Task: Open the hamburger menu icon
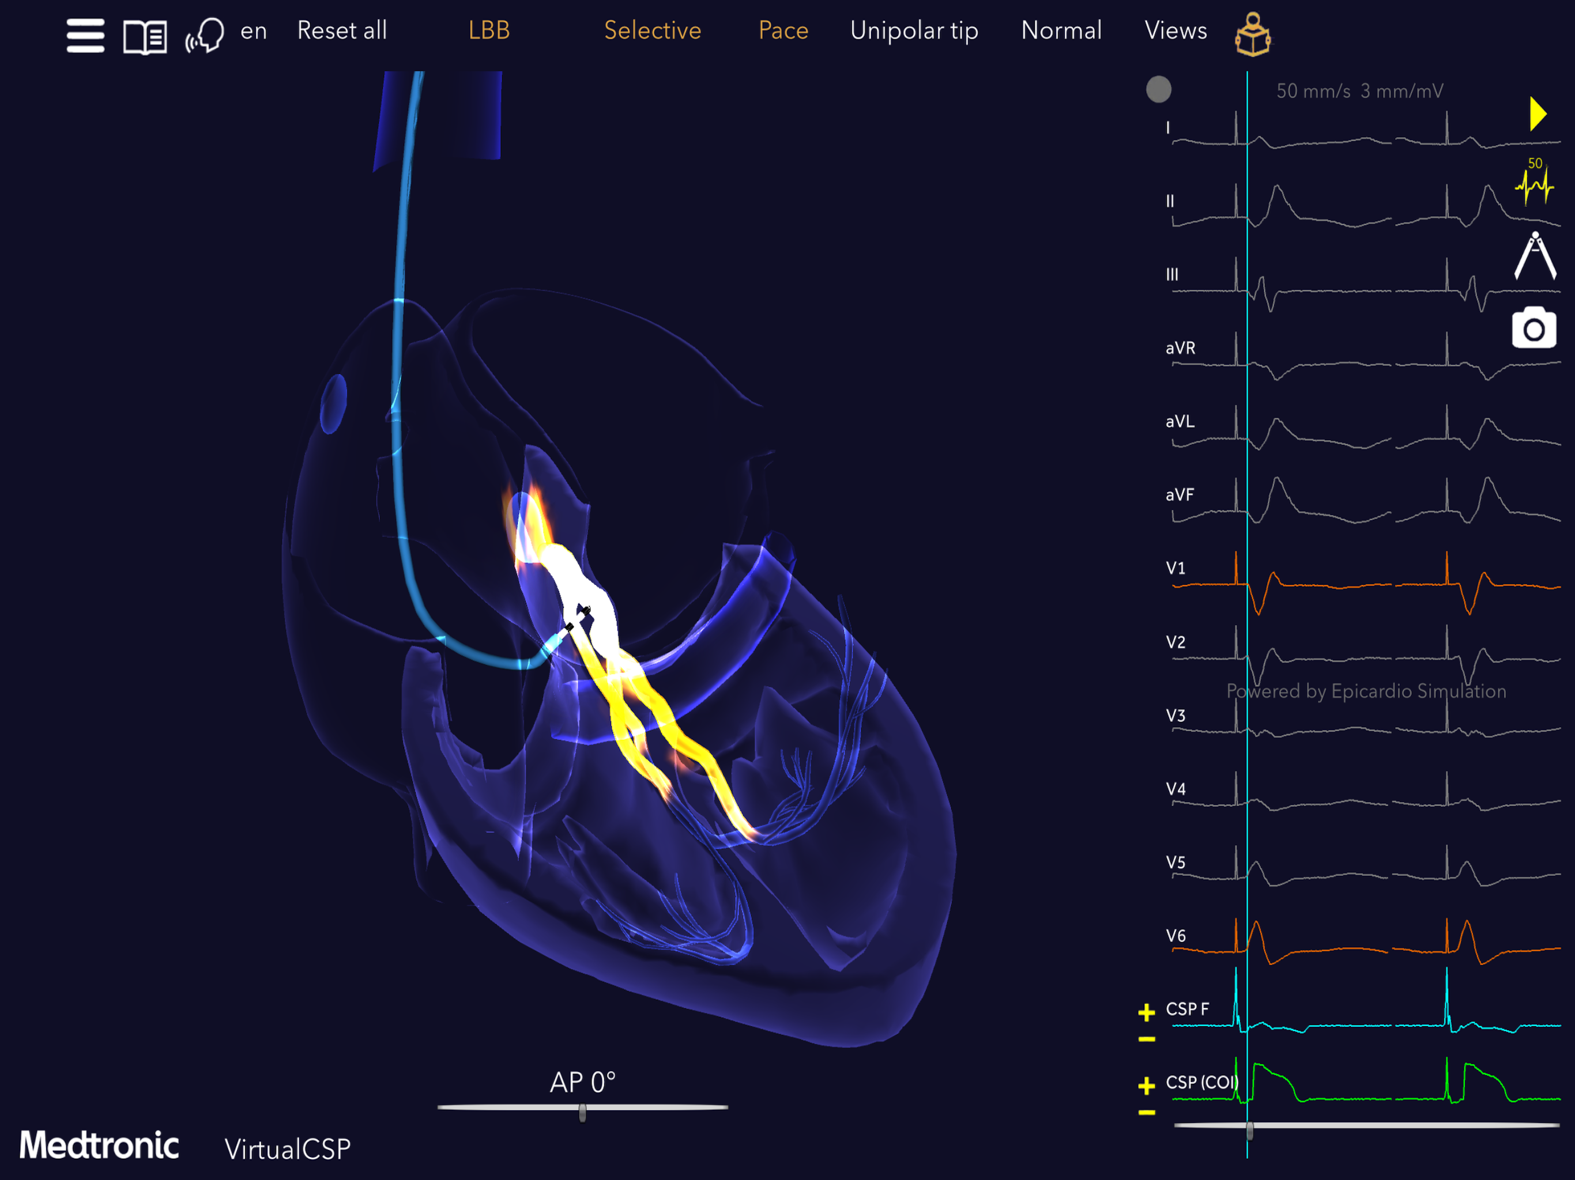click(x=85, y=35)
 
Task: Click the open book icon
click(x=145, y=36)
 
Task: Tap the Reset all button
click(x=342, y=31)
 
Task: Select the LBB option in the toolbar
click(x=489, y=31)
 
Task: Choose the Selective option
click(x=652, y=31)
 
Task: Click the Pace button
click(x=783, y=31)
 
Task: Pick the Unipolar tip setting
click(x=914, y=31)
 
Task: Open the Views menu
click(x=1175, y=31)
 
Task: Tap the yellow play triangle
click(x=1538, y=114)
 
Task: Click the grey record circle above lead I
click(x=1158, y=90)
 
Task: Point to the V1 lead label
click(x=1175, y=569)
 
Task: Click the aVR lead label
click(x=1181, y=348)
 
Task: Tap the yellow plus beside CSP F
click(x=1146, y=1012)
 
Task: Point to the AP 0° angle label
click(x=582, y=1083)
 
